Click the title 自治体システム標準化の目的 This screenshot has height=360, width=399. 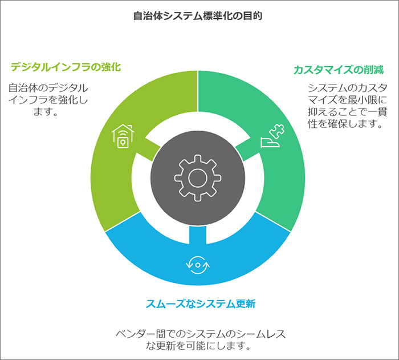(x=198, y=16)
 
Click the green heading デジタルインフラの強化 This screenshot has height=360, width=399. (x=66, y=67)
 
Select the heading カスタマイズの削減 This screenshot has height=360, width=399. (x=339, y=70)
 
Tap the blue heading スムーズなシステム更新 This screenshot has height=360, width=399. (x=201, y=304)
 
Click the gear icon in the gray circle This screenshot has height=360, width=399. (x=198, y=178)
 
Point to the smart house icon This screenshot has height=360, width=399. (x=123, y=136)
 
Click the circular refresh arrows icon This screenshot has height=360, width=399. (x=198, y=265)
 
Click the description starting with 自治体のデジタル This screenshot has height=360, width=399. (x=48, y=100)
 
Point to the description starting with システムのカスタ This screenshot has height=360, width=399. (x=348, y=106)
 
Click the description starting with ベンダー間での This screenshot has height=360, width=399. (x=201, y=339)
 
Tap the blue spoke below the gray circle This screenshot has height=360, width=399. (x=198, y=235)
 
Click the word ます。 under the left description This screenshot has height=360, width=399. (x=46, y=112)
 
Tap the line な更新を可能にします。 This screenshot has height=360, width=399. (x=198, y=346)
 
